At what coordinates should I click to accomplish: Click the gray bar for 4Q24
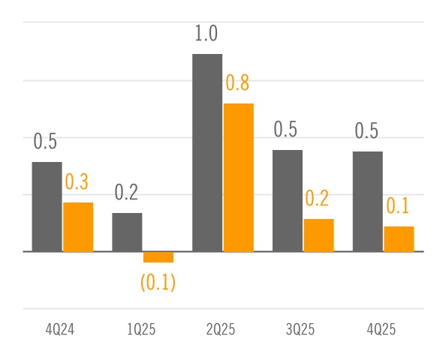click(47, 206)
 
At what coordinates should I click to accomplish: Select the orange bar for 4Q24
click(78, 226)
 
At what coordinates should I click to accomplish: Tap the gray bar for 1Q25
click(127, 232)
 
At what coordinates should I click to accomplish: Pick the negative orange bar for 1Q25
click(158, 257)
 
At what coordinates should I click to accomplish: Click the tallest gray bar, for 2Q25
click(207, 152)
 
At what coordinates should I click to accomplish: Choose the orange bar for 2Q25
click(239, 177)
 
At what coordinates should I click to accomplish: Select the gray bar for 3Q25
click(288, 200)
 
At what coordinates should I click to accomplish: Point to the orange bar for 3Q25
click(319, 235)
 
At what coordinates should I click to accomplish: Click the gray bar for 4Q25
click(368, 201)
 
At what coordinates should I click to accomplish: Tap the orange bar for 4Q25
click(399, 238)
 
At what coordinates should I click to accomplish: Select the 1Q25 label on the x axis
click(141, 330)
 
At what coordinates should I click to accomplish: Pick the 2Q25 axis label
click(222, 330)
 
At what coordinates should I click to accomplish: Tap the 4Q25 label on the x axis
click(382, 330)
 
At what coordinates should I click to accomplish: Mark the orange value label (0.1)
click(158, 283)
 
